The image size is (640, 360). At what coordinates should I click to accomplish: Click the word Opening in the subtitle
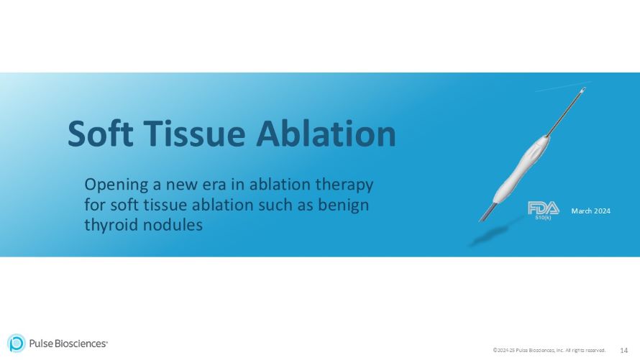pos(114,185)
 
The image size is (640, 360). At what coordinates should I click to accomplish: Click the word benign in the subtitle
pos(344,204)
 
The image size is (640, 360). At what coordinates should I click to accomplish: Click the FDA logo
pos(543,208)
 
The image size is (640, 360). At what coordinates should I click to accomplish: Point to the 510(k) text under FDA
pos(544,218)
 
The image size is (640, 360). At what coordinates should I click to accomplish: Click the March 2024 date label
pos(590,211)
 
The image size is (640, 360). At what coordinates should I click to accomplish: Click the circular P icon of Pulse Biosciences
pos(17,343)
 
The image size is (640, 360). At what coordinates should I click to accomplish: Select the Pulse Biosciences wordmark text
pos(68,343)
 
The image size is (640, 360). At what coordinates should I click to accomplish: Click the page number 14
pos(623,350)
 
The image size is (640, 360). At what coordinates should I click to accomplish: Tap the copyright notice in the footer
pos(549,351)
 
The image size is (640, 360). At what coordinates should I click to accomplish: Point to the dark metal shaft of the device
pos(561,118)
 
